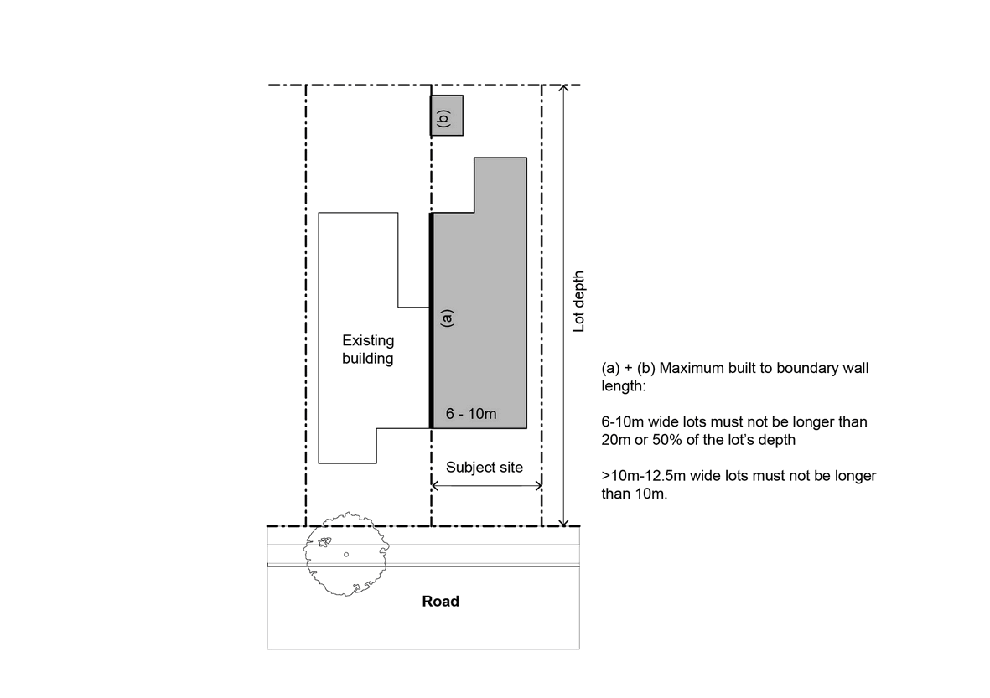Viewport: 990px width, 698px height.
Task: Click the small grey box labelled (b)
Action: tap(447, 116)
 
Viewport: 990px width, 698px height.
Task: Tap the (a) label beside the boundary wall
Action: tap(447, 317)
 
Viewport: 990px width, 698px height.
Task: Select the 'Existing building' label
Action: tap(368, 349)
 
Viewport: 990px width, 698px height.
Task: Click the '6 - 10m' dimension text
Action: tap(471, 413)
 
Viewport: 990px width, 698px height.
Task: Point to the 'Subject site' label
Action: tap(485, 467)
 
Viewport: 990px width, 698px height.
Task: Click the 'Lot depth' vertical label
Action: tap(578, 302)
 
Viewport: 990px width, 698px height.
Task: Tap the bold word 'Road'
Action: tap(441, 602)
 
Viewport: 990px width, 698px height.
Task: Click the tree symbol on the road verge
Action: tap(346, 554)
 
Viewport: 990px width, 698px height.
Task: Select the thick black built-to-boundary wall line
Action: tap(431, 321)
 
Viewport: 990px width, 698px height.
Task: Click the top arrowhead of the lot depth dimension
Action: tap(564, 88)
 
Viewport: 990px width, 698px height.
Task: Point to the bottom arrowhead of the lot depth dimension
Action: tap(564, 523)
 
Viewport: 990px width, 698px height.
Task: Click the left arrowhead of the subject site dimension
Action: tap(434, 485)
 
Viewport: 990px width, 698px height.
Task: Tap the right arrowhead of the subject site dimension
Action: tap(538, 485)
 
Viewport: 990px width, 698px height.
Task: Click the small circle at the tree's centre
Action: tap(346, 554)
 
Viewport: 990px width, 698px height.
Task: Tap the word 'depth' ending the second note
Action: tap(776, 441)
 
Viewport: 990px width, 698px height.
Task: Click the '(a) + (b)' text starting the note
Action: tap(628, 369)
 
